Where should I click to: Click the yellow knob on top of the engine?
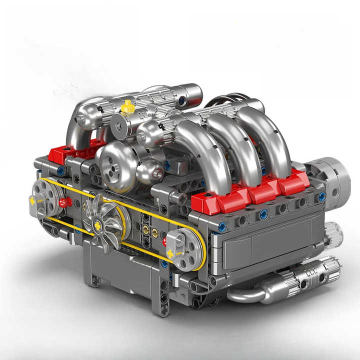pos(128,106)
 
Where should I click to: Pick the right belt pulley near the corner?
pos(181,249)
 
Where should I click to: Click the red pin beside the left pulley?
pos(64,202)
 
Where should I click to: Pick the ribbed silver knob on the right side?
pos(333,232)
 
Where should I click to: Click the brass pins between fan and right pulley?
pos(146,231)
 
